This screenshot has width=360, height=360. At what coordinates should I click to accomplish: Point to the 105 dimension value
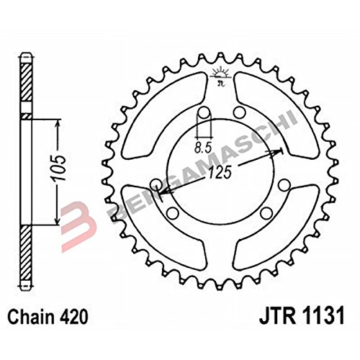(x=59, y=168)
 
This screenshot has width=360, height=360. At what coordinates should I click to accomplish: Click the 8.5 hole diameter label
(x=203, y=148)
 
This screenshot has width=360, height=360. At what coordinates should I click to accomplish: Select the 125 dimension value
(x=220, y=172)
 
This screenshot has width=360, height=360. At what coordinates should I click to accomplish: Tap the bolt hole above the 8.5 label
(x=204, y=113)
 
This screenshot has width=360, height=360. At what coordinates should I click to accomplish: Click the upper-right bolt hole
(x=239, y=112)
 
